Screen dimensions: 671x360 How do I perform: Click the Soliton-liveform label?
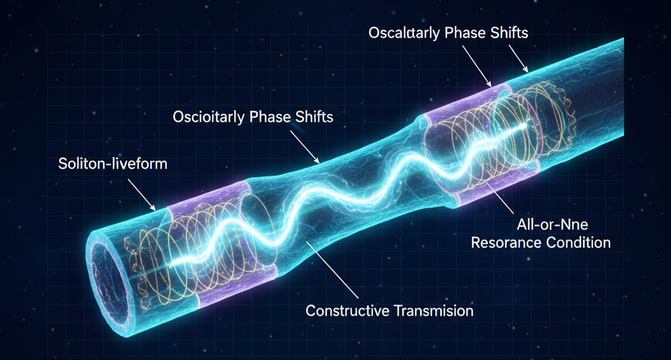point(109,163)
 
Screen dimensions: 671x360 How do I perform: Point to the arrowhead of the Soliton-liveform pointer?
point(154,209)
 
